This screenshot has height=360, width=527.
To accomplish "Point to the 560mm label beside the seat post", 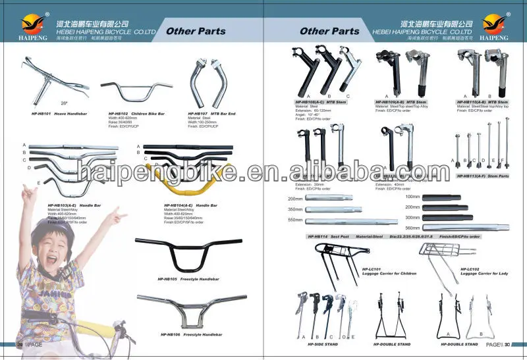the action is (413, 228).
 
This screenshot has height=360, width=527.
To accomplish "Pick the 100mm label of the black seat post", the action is (413, 197).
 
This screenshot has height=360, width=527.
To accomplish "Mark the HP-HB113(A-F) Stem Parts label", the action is (483, 176).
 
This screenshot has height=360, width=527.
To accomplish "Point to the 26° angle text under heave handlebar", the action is (64, 103).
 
